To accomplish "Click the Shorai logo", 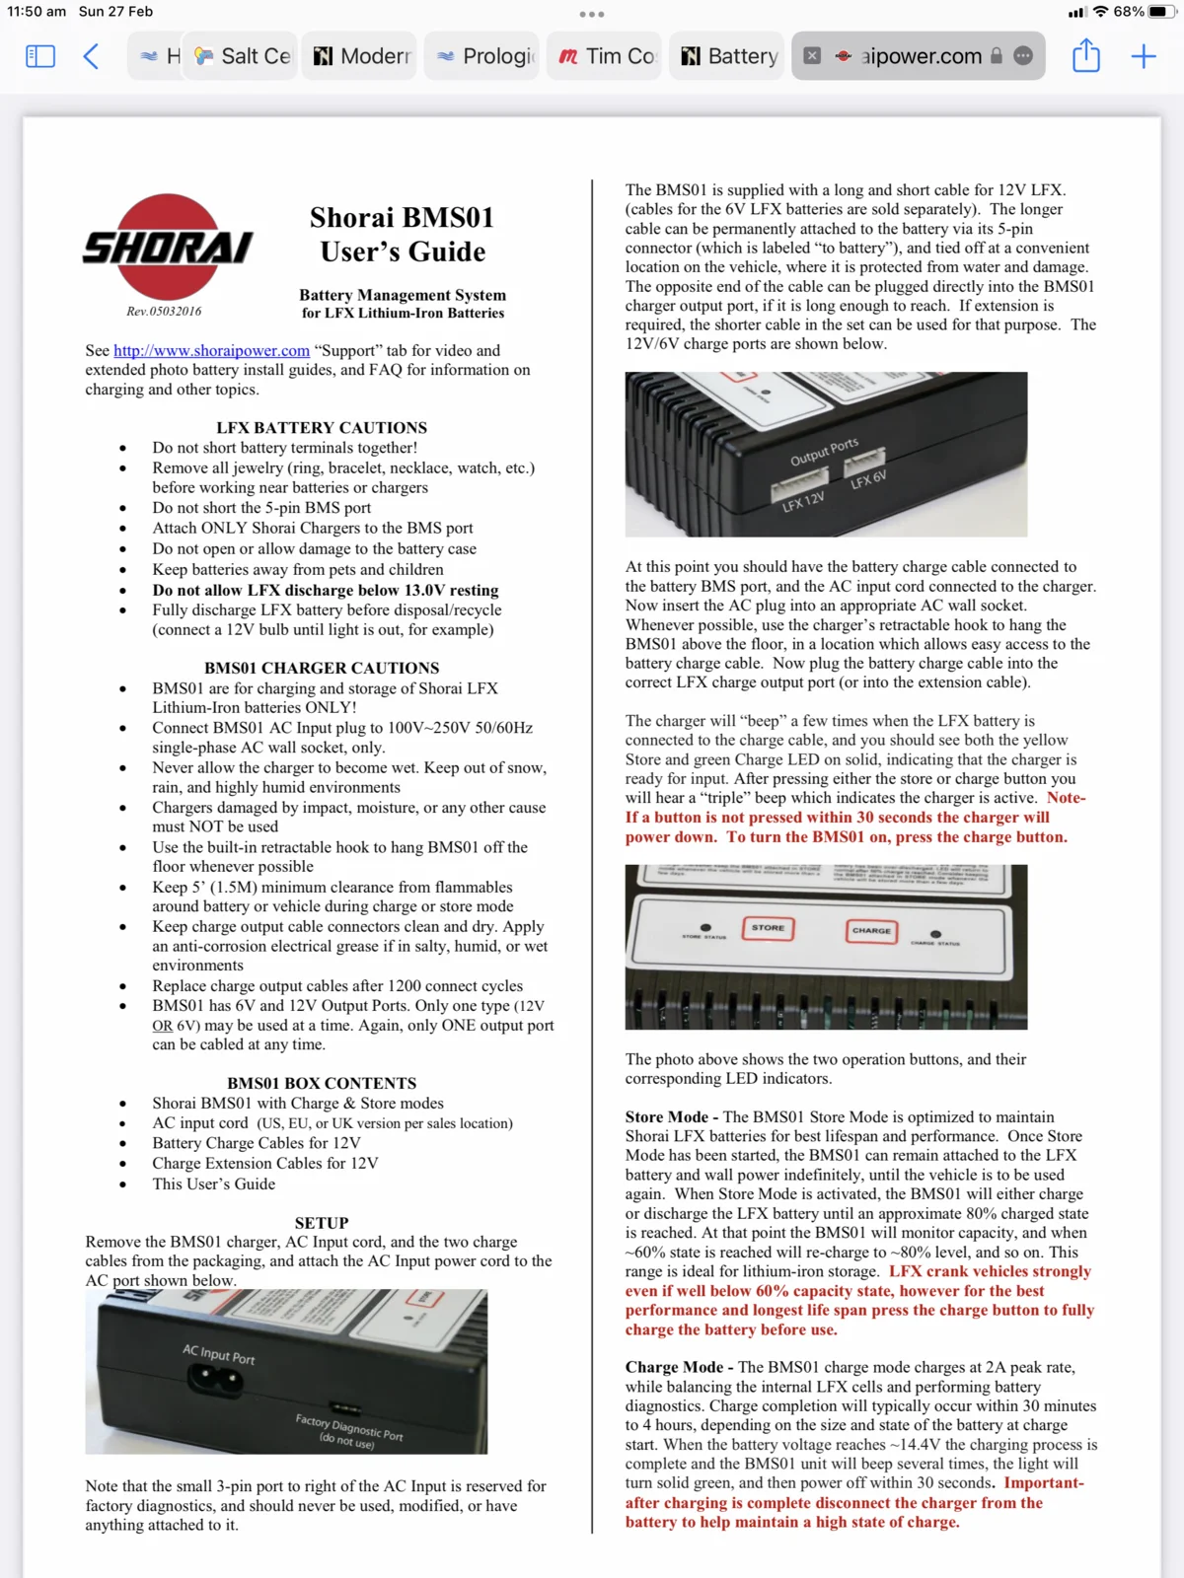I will [169, 248].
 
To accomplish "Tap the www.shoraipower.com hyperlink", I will [211, 350].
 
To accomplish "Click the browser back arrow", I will [91, 56].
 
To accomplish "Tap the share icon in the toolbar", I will [1085, 56].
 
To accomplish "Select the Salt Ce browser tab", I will [243, 56].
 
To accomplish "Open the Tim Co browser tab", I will [608, 56].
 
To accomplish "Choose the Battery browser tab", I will [730, 56].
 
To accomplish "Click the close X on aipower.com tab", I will [812, 56].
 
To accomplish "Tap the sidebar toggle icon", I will [40, 56].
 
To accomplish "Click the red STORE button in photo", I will [768, 928].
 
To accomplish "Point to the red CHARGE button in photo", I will [871, 930].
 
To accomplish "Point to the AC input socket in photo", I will [215, 1380].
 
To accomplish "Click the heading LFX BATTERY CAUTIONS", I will [322, 427].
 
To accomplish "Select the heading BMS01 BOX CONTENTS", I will [322, 1083].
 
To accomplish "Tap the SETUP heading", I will [322, 1222].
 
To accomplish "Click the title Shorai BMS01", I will [402, 218].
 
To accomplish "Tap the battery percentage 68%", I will [1129, 12].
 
